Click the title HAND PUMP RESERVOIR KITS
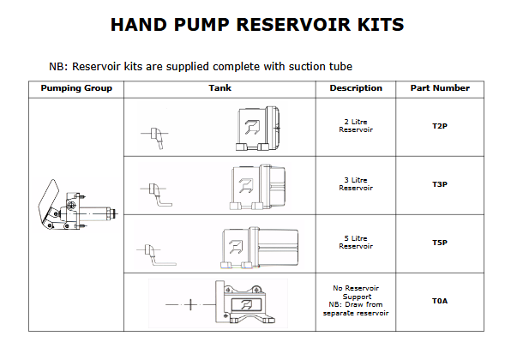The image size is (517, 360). (257, 24)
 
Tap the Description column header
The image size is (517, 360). (355, 88)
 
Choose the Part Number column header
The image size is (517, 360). (439, 88)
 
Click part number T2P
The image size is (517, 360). (439, 126)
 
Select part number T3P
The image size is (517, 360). (439, 184)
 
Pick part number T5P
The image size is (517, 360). (439, 243)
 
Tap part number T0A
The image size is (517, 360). (439, 301)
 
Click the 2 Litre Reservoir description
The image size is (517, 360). (355, 126)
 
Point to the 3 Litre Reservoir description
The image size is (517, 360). (355, 184)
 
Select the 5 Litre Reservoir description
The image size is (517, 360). (355, 243)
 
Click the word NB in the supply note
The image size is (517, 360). (59, 66)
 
